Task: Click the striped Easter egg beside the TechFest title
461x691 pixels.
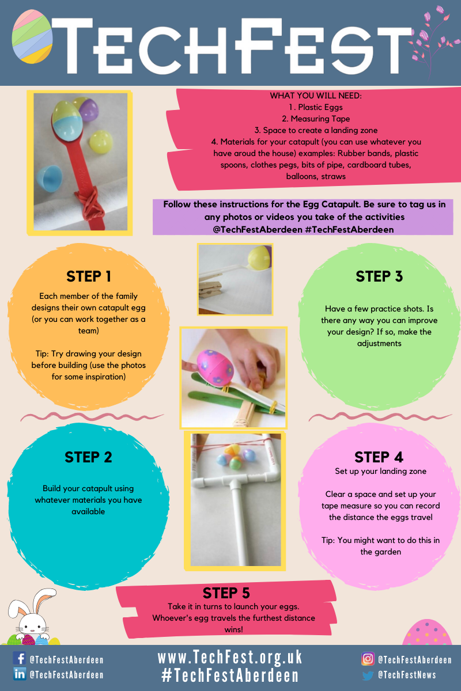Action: [x=32, y=36]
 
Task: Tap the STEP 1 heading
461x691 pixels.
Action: [x=89, y=276]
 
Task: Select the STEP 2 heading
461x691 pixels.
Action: [x=88, y=457]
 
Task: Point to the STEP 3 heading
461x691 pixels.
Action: [x=379, y=276]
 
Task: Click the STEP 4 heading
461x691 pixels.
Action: [x=379, y=457]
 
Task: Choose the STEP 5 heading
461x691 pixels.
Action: [x=226, y=593]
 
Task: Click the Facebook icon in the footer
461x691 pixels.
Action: [x=19, y=658]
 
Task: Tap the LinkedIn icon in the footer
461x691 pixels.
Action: [x=20, y=674]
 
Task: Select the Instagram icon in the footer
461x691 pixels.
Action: [x=368, y=659]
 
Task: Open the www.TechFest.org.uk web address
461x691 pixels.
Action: [x=230, y=657]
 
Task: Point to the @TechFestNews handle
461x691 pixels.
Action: [x=407, y=675]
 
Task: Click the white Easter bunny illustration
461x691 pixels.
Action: [x=31, y=617]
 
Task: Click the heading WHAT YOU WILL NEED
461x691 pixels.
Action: [x=316, y=96]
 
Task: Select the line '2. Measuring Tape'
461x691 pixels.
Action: [x=316, y=119]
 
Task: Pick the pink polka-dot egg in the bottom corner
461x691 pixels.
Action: [x=427, y=632]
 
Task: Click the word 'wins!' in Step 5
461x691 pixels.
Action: [x=234, y=629]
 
